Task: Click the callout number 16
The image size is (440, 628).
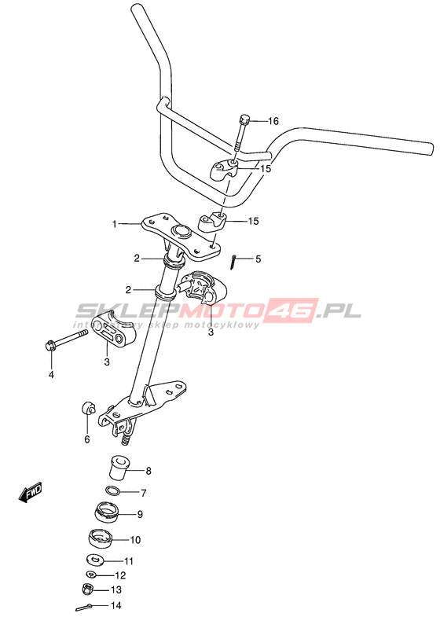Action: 273,121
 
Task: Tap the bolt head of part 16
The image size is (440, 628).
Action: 244,119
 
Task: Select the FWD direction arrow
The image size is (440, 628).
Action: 31,491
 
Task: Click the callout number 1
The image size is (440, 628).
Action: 115,224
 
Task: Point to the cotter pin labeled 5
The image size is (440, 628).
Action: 233,263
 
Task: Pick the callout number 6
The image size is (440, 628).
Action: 87,439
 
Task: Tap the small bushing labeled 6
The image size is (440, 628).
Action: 88,409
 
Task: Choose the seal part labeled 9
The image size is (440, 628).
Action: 108,513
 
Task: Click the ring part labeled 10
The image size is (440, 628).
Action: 101,539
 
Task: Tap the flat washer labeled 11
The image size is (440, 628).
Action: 95,559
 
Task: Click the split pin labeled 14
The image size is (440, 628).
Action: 85,608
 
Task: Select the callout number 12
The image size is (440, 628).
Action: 120,575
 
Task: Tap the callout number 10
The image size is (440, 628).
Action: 135,540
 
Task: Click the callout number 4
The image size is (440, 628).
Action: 51,375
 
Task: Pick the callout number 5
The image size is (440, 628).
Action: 258,259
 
